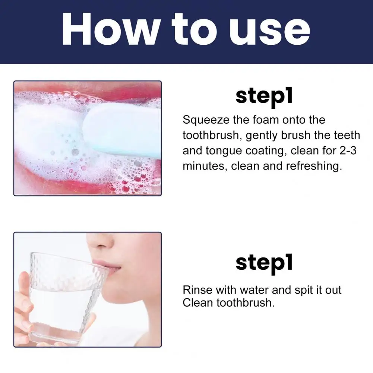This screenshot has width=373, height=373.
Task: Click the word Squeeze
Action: [206, 120]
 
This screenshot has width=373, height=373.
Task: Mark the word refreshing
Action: [314, 166]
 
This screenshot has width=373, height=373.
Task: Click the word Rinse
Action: [197, 290]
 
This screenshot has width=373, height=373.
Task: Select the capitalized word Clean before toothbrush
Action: [198, 303]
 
